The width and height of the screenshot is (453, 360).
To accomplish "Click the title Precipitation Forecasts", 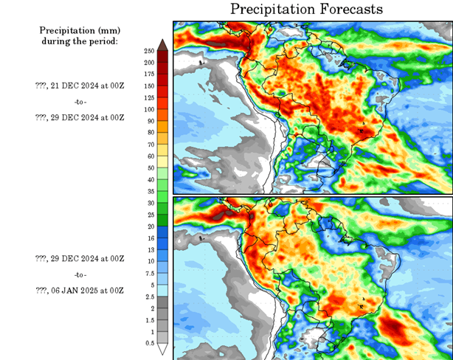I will click(x=307, y=10).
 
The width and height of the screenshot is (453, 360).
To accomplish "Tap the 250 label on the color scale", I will click(x=148, y=51).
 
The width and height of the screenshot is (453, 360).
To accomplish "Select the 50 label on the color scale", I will click(x=150, y=168).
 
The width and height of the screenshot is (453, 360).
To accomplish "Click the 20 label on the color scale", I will click(x=150, y=226).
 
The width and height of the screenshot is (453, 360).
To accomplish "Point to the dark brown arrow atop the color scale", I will click(x=162, y=46).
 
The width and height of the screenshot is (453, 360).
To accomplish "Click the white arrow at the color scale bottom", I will click(x=162, y=349).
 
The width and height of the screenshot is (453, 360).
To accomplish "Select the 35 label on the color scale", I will click(x=150, y=191).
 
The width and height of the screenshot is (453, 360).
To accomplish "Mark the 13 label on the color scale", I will click(x=150, y=250).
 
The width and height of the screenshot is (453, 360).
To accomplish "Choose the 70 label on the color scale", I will click(x=150, y=145).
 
